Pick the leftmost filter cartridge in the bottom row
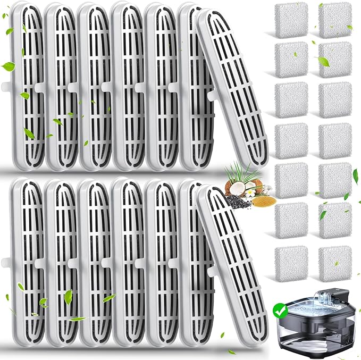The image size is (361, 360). [x=28, y=261]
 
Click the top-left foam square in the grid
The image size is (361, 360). [x=291, y=19]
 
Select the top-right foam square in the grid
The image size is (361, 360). [x=335, y=19]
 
